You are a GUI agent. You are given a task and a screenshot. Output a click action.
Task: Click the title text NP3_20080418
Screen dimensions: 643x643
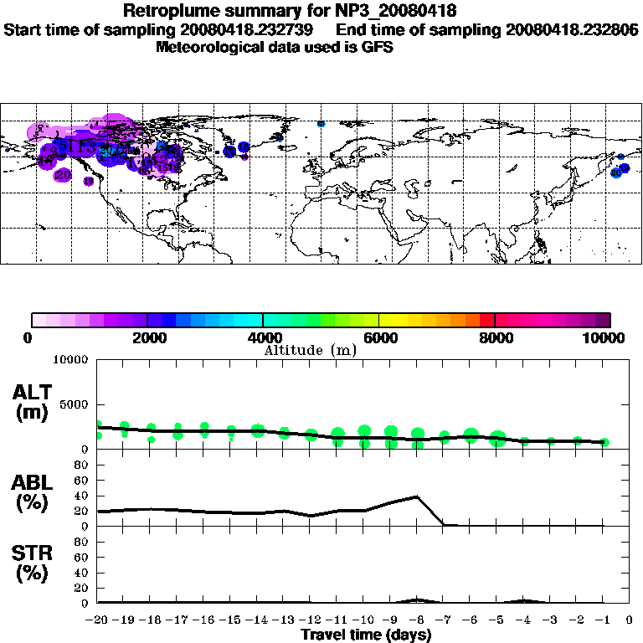[393, 12]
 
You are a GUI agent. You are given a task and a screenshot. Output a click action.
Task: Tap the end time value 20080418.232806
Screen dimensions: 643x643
[572, 29]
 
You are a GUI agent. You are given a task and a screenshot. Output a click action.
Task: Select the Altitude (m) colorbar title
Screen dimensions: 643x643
[311, 350]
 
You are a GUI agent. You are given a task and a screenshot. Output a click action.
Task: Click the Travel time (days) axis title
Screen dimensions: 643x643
[366, 635]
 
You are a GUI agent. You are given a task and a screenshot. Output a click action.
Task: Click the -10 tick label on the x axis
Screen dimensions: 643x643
[364, 620]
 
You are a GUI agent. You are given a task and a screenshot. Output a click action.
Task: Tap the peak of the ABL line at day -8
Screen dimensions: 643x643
[417, 496]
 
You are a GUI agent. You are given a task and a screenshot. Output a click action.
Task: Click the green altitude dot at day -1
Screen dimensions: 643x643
[604, 442]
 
